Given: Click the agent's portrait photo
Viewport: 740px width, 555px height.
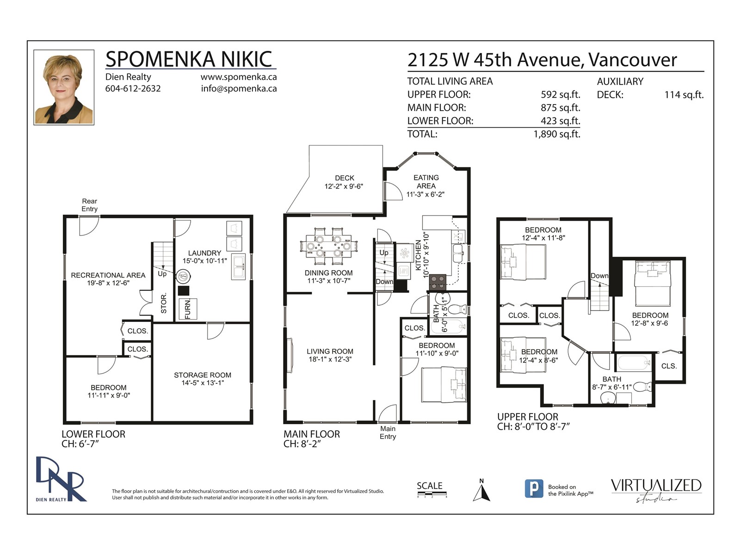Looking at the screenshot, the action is (x=64, y=87).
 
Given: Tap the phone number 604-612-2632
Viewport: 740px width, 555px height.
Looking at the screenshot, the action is (x=133, y=89).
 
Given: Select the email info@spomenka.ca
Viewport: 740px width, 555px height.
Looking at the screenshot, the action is (x=239, y=89).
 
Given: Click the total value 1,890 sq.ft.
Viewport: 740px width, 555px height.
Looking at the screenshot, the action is (x=556, y=134).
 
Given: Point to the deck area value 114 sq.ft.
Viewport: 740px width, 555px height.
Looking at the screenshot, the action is (x=684, y=95).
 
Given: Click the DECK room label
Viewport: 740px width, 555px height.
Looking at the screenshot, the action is (x=344, y=178).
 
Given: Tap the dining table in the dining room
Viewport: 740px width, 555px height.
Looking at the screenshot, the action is (x=329, y=247).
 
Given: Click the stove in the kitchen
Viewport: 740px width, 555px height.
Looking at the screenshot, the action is (x=438, y=283).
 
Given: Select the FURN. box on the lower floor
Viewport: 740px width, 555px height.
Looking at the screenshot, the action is (x=188, y=309).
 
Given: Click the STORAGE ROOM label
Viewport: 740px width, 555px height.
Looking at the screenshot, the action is (x=202, y=375).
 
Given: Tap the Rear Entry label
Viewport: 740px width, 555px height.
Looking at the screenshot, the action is (x=89, y=205).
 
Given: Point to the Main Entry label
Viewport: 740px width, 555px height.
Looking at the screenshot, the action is (x=388, y=432).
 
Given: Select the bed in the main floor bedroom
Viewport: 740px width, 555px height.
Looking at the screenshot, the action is (x=444, y=384).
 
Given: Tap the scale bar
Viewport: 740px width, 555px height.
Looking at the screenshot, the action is (x=432, y=495).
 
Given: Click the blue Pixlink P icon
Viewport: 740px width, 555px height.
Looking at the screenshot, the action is (x=534, y=488).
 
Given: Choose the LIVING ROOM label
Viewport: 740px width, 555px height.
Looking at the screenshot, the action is (x=330, y=351).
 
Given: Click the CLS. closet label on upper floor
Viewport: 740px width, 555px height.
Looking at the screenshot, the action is (x=669, y=366).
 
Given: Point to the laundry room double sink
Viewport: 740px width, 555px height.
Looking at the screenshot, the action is (x=238, y=267).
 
